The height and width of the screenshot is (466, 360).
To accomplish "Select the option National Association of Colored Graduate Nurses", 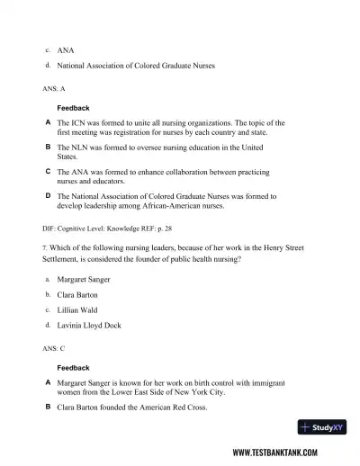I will click(135, 66).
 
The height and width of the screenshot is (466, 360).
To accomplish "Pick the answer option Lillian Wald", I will click(79, 309).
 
